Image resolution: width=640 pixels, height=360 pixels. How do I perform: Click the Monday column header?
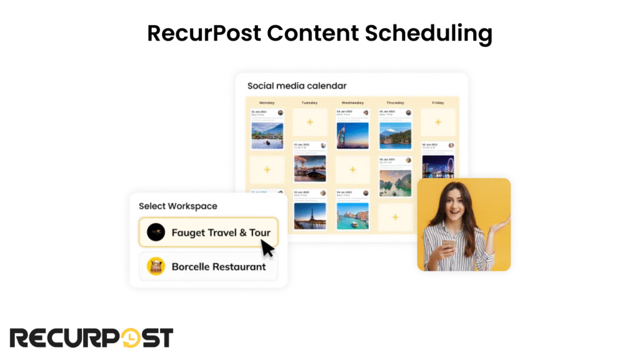pos(267,102)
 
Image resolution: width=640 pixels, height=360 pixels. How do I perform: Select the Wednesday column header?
pos(352,102)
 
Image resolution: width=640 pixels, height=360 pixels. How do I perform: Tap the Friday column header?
pos(437,102)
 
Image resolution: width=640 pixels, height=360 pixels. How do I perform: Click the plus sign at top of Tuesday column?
pos(309,122)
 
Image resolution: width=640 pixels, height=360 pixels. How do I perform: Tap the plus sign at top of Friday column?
pos(437,122)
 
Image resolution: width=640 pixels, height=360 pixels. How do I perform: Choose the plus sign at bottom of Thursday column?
pos(395,217)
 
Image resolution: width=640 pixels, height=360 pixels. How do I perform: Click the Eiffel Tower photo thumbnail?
pos(309,216)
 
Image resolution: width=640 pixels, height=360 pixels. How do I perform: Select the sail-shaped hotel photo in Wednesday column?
pos(352,135)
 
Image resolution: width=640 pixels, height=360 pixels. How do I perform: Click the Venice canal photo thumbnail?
pos(352,216)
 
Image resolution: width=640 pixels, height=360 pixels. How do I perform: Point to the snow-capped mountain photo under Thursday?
pos(395,135)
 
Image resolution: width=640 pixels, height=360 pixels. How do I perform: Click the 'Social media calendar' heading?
pos(297,86)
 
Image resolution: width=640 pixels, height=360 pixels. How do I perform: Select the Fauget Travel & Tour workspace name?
pos(221,233)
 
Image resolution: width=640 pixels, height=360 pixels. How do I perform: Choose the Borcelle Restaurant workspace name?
pos(219,267)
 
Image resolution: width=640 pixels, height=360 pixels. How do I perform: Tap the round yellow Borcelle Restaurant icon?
pos(156,267)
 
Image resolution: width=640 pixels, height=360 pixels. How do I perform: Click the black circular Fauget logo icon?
pos(156,233)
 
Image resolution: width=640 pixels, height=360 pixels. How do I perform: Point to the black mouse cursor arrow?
pos(267,248)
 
